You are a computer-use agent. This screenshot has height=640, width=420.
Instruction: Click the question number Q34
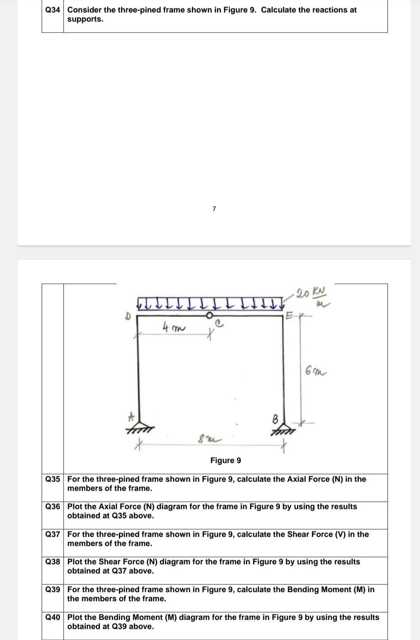click(52, 10)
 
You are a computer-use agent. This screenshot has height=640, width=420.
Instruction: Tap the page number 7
click(214, 208)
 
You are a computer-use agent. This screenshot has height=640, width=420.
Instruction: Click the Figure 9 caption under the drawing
click(225, 461)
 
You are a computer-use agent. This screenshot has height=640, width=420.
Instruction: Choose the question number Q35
click(53, 479)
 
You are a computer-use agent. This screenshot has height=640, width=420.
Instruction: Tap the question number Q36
click(53, 507)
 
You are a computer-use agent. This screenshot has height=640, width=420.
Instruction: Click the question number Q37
click(53, 534)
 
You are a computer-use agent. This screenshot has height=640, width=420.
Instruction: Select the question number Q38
click(53, 562)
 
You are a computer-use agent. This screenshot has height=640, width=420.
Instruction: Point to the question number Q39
click(53, 590)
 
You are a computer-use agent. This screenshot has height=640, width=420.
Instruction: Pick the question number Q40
click(53, 617)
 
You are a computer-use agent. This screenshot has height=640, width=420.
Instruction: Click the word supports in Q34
click(85, 19)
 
